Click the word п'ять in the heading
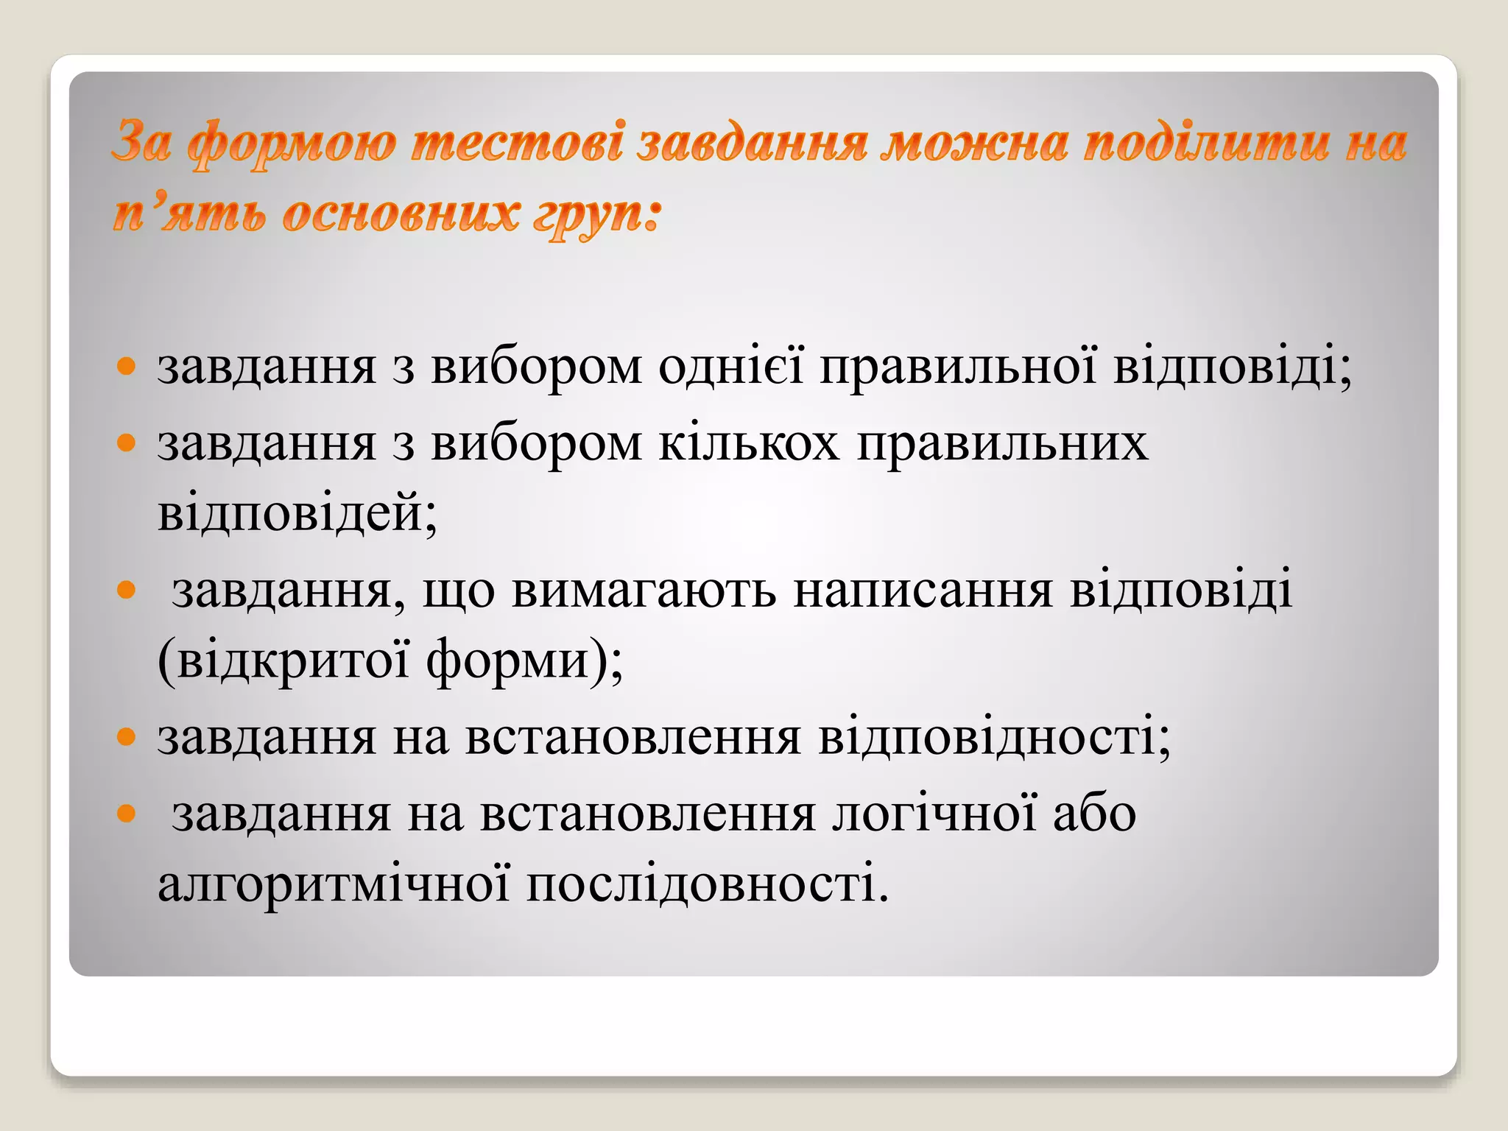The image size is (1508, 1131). coord(187,214)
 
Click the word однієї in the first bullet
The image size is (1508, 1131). coord(730,366)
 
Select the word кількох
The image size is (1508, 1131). coord(749,443)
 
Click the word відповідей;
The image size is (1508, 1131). coord(297,512)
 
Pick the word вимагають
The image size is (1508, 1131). coord(644,590)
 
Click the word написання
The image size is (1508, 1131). coord(923,590)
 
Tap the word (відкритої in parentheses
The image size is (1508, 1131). coord(283,660)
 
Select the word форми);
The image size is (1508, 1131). coord(524,660)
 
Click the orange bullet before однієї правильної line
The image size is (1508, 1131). coord(127,366)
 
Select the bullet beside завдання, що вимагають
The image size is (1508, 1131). coord(127,590)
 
